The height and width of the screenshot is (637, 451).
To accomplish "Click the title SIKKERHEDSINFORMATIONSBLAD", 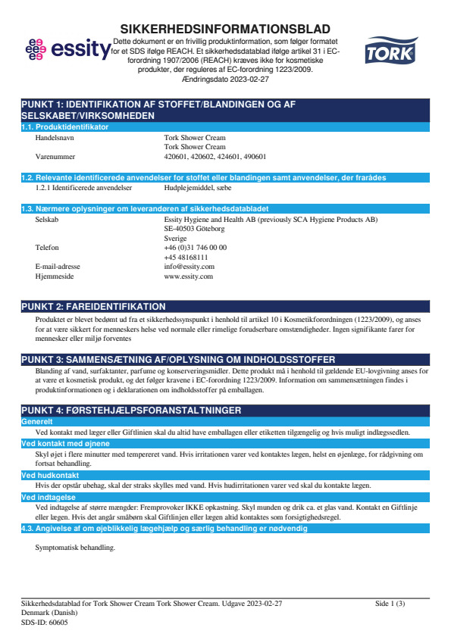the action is pyautogui.click(x=225, y=28).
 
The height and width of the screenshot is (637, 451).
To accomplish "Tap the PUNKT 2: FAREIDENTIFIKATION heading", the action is pyautogui.click(x=94, y=306).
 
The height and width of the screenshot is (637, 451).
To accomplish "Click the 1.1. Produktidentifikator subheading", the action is pyautogui.click(x=65, y=126).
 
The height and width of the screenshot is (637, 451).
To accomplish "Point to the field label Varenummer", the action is pyautogui.click(x=56, y=156).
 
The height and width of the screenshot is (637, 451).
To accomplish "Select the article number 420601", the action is pyautogui.click(x=177, y=156).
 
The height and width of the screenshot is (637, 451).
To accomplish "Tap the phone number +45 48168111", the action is pyautogui.click(x=186, y=257).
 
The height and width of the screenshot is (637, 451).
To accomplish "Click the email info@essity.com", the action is pyautogui.click(x=189, y=267).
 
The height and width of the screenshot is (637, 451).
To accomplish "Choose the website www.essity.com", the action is pyautogui.click(x=189, y=276).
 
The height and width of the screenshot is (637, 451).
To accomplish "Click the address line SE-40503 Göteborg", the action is pyautogui.click(x=194, y=228).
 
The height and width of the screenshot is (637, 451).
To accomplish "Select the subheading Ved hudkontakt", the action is pyautogui.click(x=51, y=475).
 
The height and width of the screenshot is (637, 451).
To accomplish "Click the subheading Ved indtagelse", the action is pyautogui.click(x=48, y=497).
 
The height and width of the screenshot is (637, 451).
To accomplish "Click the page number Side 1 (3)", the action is pyautogui.click(x=390, y=603).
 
